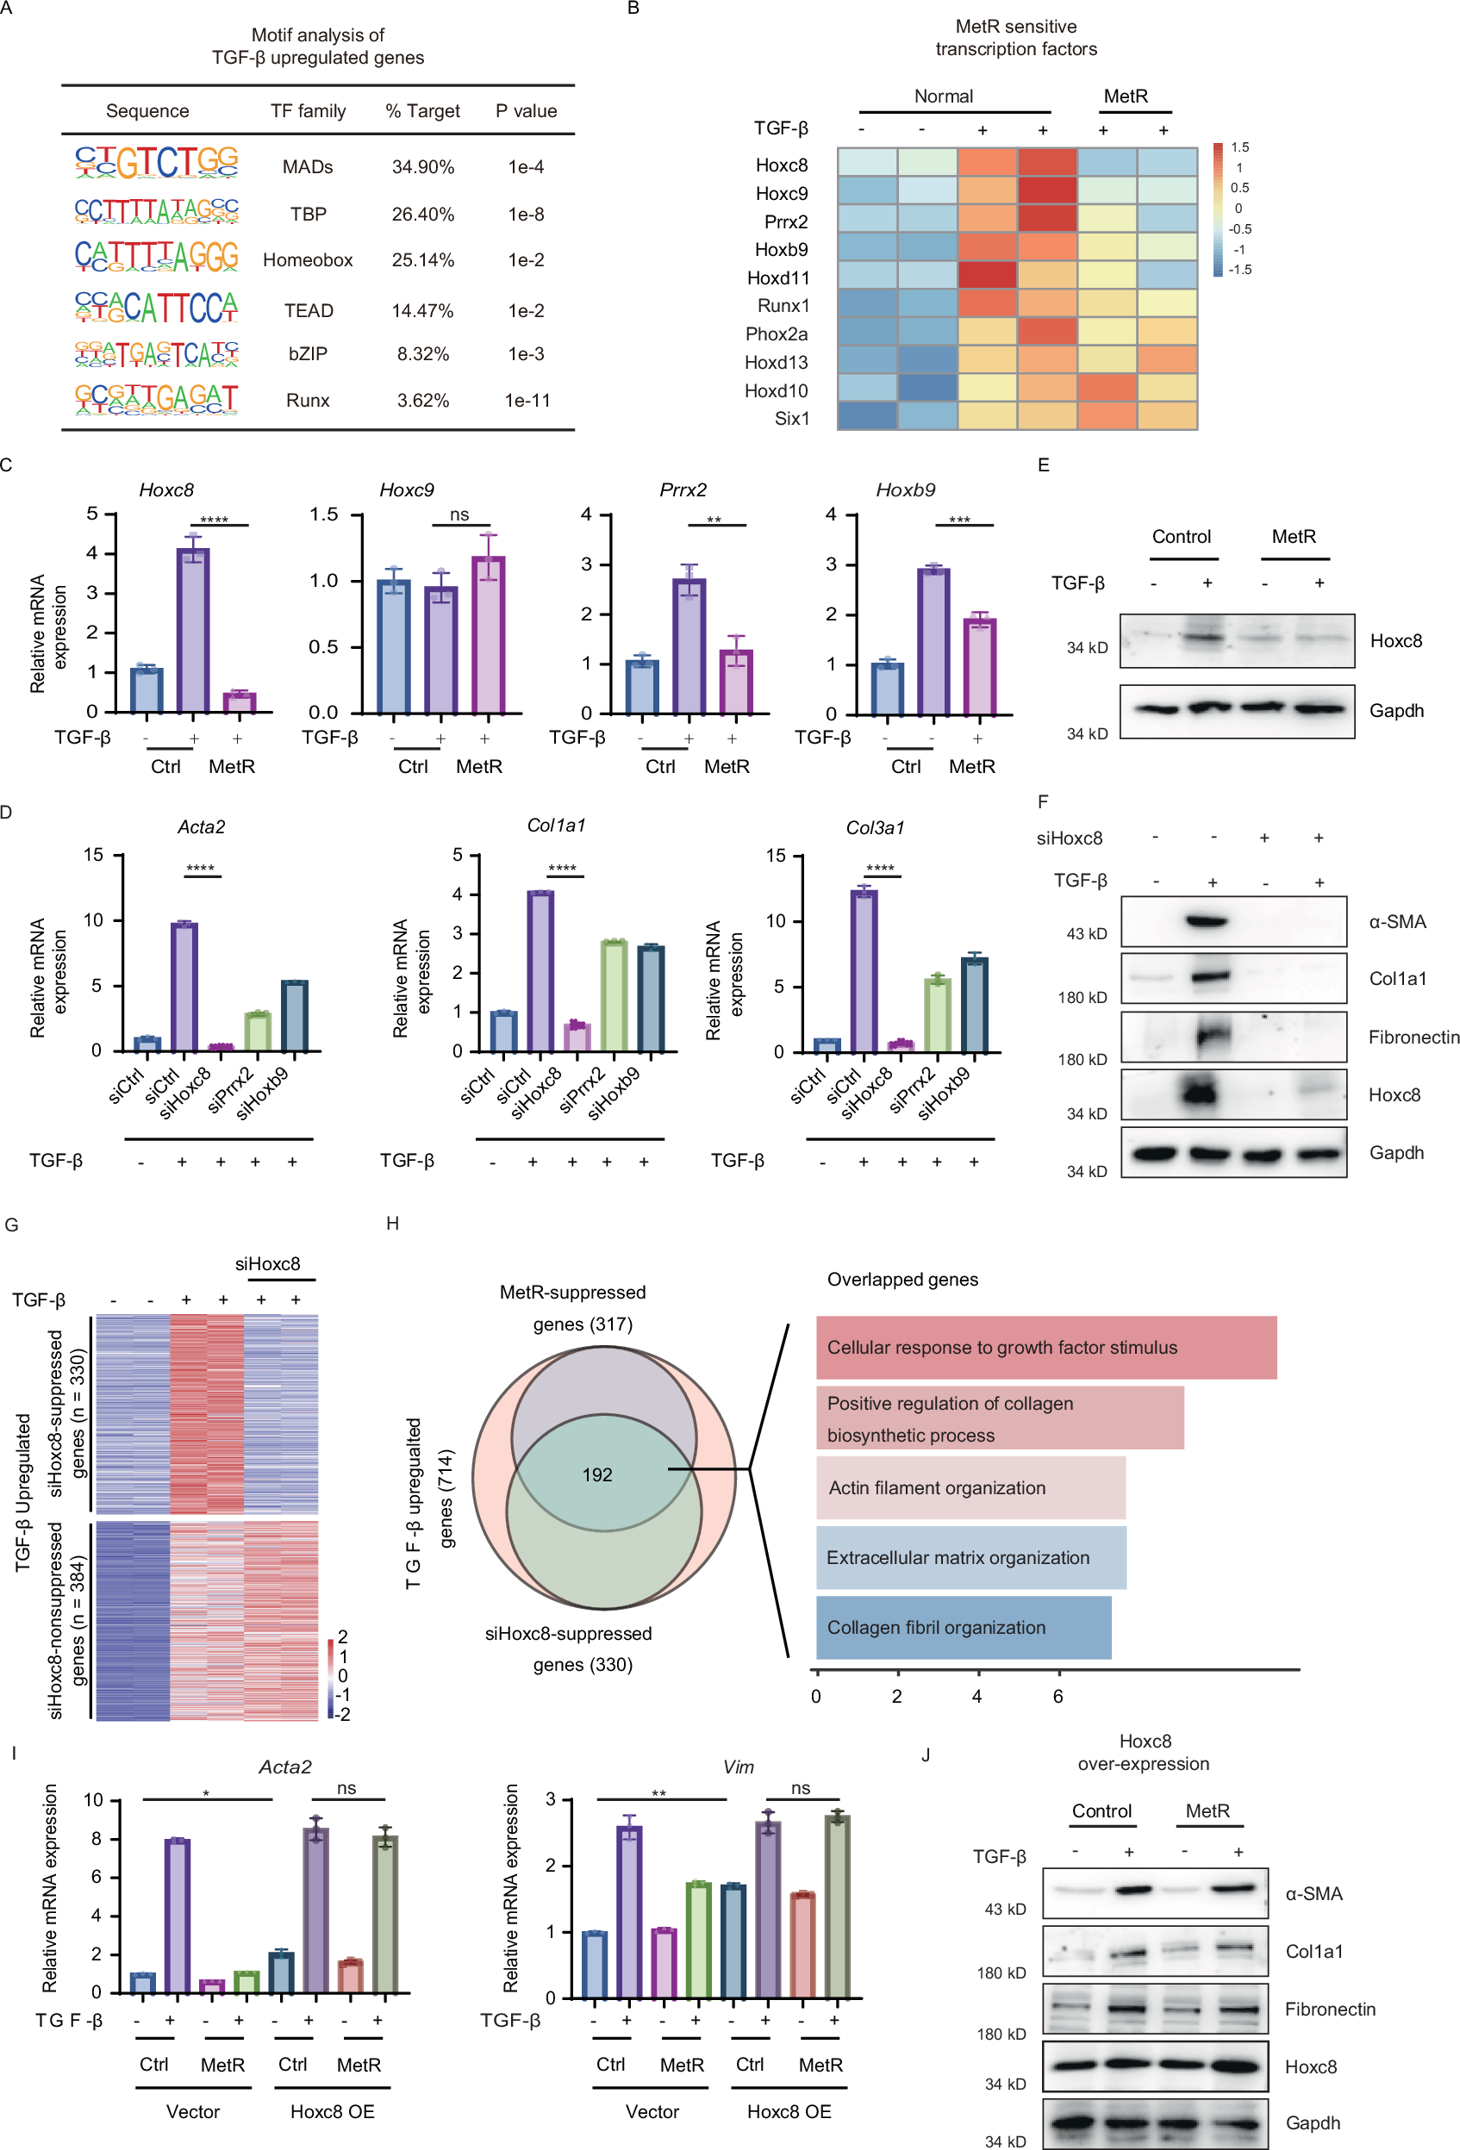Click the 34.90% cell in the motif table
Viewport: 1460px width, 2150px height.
[422, 166]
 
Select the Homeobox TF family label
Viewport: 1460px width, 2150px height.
[307, 260]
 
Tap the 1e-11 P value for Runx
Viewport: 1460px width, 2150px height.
[527, 401]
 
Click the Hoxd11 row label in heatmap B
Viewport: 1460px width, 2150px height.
[777, 277]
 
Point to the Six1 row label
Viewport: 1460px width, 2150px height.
[791, 418]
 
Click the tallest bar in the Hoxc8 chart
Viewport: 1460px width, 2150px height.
[192, 629]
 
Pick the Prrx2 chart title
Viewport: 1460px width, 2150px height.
[682, 489]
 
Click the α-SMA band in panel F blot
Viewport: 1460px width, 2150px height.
[1206, 920]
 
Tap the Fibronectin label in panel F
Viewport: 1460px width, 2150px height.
[1413, 1037]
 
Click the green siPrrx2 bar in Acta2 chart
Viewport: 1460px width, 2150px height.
[257, 1031]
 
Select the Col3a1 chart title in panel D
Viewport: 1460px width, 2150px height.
[874, 827]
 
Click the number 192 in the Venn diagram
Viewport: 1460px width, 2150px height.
[596, 1474]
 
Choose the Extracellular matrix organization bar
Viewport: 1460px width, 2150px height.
[970, 1557]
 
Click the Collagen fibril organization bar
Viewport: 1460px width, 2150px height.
[962, 1627]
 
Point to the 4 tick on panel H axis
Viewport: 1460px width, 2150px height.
[976, 1696]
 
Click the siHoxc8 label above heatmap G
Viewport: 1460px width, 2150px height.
[267, 1264]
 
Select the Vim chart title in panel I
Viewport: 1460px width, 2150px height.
[738, 1767]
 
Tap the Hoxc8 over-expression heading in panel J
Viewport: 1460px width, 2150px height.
[1144, 1752]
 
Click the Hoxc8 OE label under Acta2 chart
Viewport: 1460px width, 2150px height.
[331, 2111]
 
